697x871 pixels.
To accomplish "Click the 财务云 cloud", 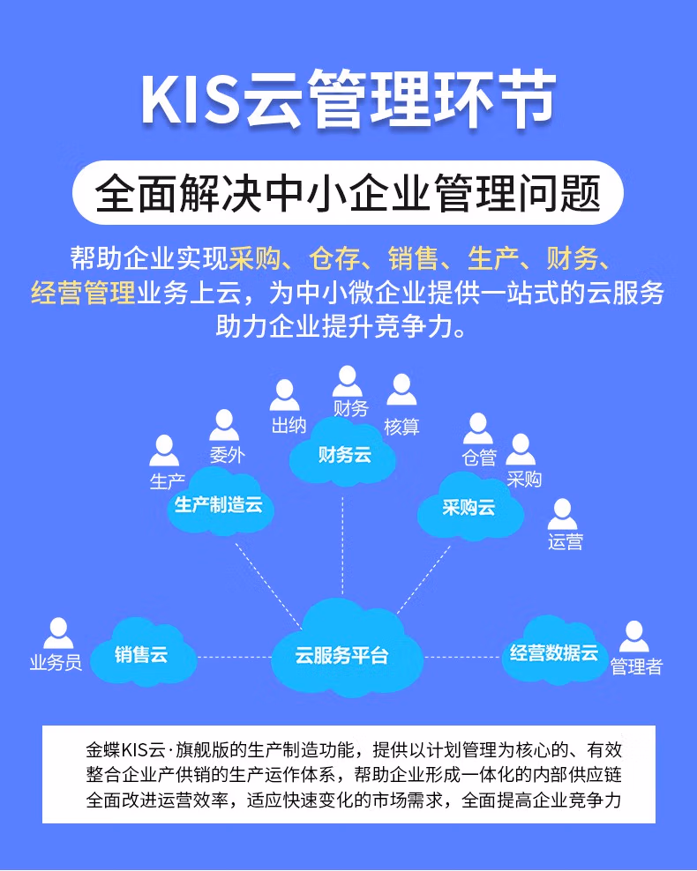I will tap(343, 456).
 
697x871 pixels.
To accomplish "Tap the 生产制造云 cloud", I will tap(219, 506).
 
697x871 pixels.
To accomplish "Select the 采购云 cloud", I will tap(468, 508).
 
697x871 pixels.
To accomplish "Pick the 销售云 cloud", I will tap(142, 656).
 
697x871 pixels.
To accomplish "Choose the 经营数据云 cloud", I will tap(554, 653).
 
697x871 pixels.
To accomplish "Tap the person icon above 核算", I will tap(401, 390).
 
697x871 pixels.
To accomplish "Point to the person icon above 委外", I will tap(224, 425).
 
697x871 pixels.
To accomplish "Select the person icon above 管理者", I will tap(633, 636).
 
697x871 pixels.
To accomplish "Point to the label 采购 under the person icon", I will tap(524, 480).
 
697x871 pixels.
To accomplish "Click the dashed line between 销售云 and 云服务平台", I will tap(234, 657).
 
